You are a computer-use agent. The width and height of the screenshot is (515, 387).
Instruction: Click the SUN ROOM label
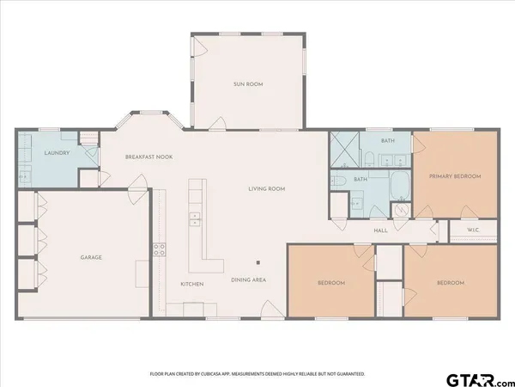(x=247, y=84)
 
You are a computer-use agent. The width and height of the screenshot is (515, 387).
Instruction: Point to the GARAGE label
(x=92, y=257)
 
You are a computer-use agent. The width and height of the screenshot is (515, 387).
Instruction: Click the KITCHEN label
(x=191, y=283)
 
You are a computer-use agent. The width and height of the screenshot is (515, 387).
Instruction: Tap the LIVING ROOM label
(x=267, y=188)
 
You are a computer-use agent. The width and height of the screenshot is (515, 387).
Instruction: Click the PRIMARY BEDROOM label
(x=454, y=175)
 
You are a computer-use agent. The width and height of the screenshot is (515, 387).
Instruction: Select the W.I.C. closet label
(x=472, y=230)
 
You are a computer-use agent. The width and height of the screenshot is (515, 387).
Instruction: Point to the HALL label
(x=382, y=230)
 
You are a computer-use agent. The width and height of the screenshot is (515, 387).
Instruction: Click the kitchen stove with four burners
(x=159, y=250)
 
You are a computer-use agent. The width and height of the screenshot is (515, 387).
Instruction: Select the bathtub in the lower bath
(x=400, y=184)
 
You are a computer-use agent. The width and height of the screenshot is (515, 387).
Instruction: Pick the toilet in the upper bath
(x=367, y=158)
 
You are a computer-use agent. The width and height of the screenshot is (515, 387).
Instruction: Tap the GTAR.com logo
(x=476, y=378)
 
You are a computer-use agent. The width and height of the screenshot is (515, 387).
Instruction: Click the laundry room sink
(x=24, y=175)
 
